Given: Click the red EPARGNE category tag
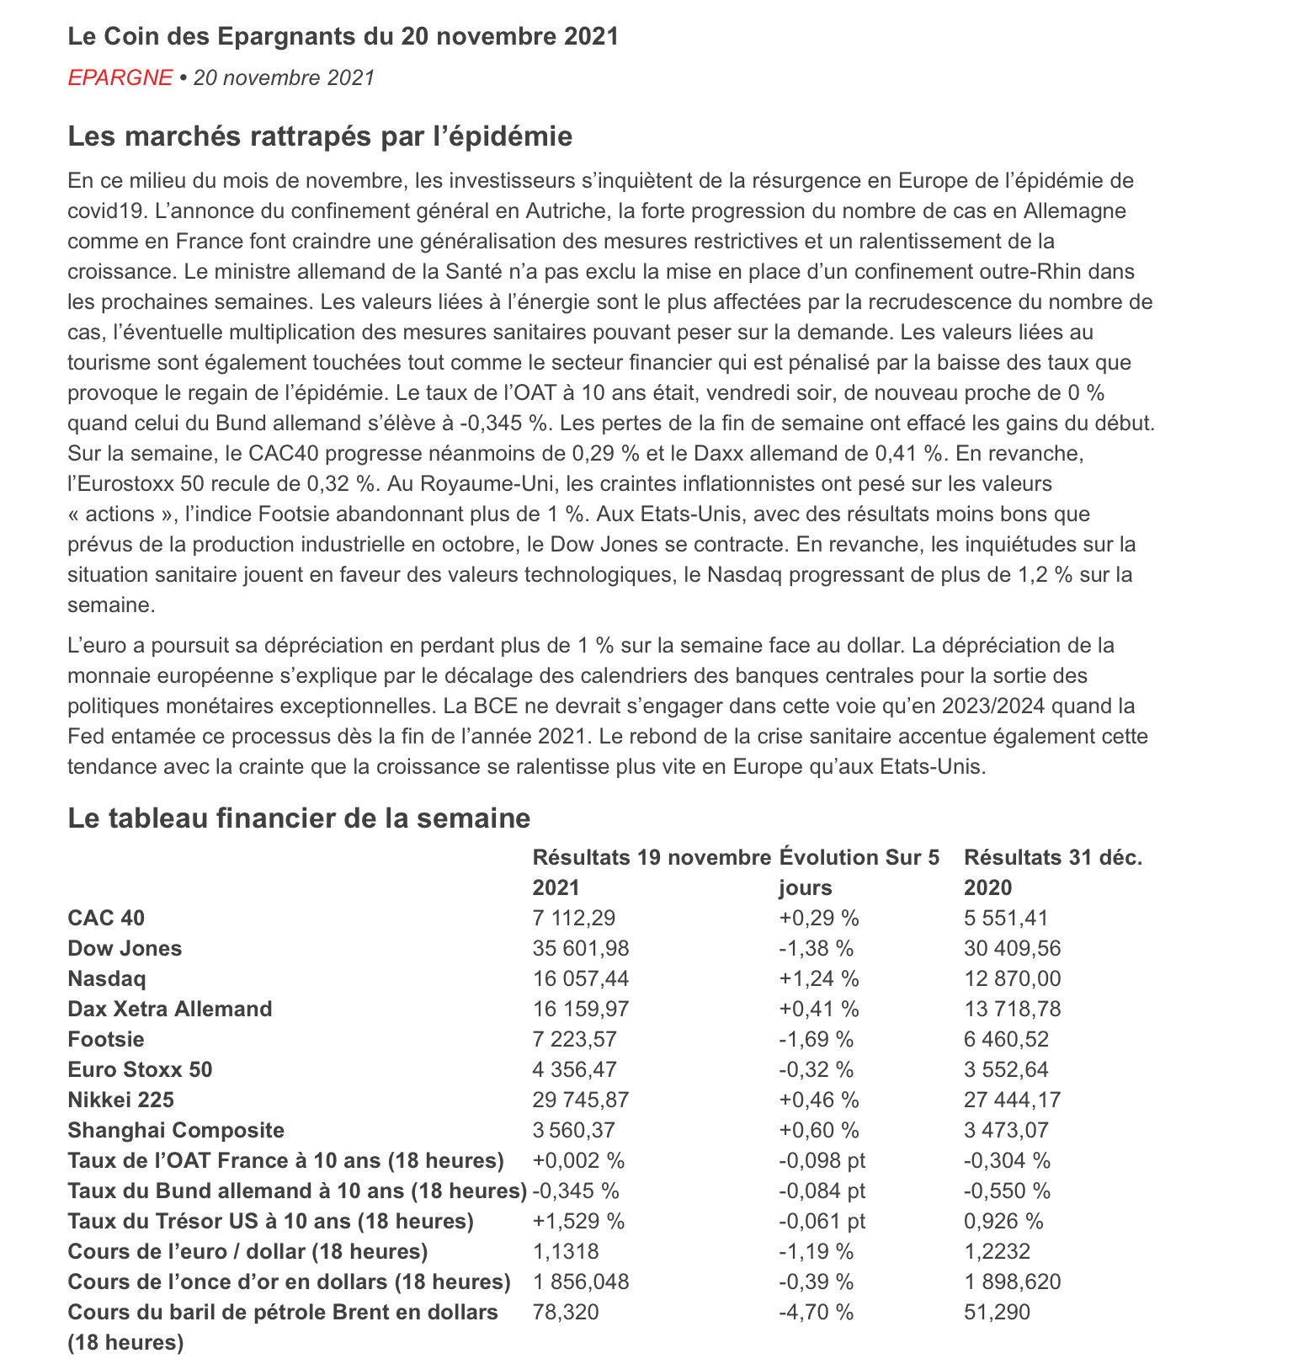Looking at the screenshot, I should (120, 77).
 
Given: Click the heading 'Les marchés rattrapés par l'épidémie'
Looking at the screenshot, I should (320, 136).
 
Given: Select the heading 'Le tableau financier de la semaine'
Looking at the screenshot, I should (299, 818).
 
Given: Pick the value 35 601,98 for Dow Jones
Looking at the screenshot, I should (581, 948).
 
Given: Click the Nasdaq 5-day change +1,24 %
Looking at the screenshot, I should (819, 978).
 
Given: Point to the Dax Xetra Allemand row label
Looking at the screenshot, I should (170, 1009).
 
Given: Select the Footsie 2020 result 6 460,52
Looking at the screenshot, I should (1006, 1039).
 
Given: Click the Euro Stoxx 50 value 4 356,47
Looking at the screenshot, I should (575, 1069).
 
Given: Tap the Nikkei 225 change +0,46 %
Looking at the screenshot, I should (819, 1100).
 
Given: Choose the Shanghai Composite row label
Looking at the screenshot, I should (176, 1130).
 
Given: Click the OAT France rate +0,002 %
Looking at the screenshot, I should (578, 1160).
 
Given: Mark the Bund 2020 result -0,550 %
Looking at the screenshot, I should (1007, 1191).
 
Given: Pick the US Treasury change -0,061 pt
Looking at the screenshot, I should (822, 1221).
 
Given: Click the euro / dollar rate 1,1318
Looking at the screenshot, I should (566, 1251).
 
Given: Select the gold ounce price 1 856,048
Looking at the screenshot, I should (581, 1281).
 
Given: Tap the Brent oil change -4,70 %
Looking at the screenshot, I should (817, 1312).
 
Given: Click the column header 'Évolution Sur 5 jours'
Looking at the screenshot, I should (859, 872).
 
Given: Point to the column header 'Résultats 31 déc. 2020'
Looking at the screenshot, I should (1052, 872).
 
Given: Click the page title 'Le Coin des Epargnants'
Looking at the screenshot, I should (343, 36).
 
